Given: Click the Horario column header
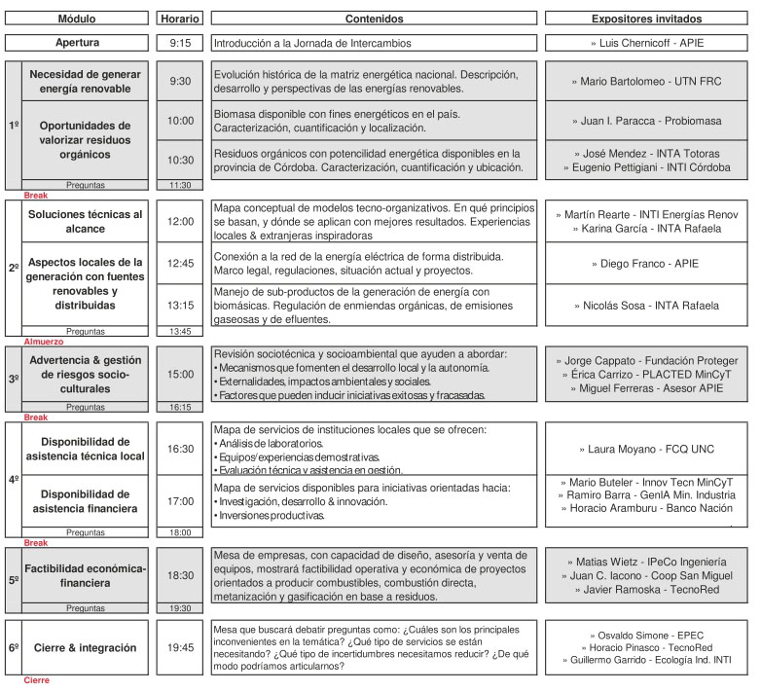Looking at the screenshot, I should [x=179, y=18].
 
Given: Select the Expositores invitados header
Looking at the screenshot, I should [x=646, y=18].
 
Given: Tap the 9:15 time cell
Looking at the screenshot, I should [x=179, y=43].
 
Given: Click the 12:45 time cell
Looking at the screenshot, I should [x=179, y=263].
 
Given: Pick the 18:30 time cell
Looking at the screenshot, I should [x=179, y=575].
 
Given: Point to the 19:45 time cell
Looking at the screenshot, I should [x=179, y=647].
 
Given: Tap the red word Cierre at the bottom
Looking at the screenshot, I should [x=35, y=680].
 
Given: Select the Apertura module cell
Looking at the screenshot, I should [x=84, y=43].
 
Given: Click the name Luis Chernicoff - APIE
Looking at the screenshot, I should [x=646, y=43].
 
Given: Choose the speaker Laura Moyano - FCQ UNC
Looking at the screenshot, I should [x=646, y=450].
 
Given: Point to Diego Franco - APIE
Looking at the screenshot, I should [x=646, y=263].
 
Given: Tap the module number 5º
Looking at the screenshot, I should [x=14, y=579].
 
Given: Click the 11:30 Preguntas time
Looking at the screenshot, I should [x=179, y=184].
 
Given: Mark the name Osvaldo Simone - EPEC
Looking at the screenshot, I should [x=646, y=634].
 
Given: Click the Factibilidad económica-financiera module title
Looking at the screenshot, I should [x=86, y=575].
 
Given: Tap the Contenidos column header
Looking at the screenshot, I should [x=374, y=18].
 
